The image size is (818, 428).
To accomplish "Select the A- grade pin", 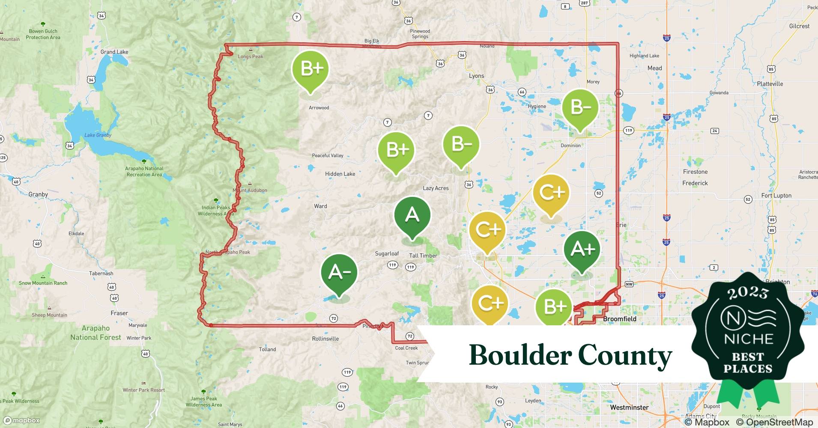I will pos(339,273).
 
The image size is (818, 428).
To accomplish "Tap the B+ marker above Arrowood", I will pos(310,69).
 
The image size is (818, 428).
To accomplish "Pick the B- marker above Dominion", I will pos(580,107).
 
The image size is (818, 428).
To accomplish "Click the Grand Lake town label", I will pos(114,52).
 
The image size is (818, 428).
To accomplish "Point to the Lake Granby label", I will pos(98,135).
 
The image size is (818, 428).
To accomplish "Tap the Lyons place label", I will pos(476,76).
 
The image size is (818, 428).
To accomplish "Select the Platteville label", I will pos(770,84).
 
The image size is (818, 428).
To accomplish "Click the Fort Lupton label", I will pos(776,196).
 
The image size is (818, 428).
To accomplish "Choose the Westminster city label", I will pos(629,407).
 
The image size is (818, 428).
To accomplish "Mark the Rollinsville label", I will pos(325,339).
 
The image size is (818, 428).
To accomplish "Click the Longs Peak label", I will pos(251,56).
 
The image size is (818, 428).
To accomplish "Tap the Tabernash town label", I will pos(101,273).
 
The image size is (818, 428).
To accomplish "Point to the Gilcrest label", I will pos(799,26).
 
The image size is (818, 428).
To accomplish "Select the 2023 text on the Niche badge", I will pos(748,293).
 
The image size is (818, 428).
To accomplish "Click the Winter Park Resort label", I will pos(143,390).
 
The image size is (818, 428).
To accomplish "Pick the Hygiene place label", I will pos(537,107).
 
